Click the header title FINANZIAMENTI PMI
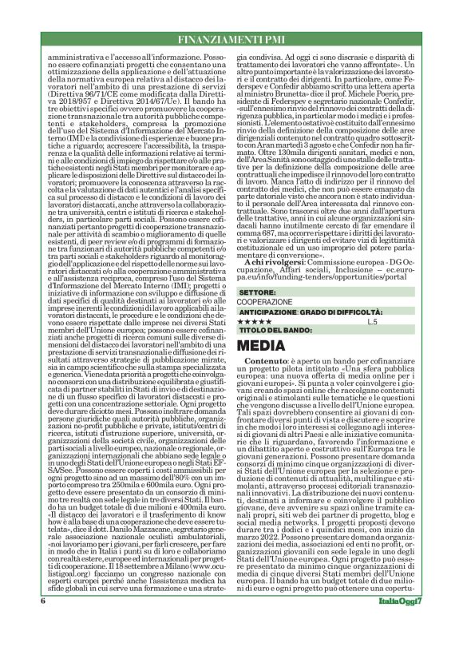tap(231, 38)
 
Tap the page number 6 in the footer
tap(40, 623)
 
